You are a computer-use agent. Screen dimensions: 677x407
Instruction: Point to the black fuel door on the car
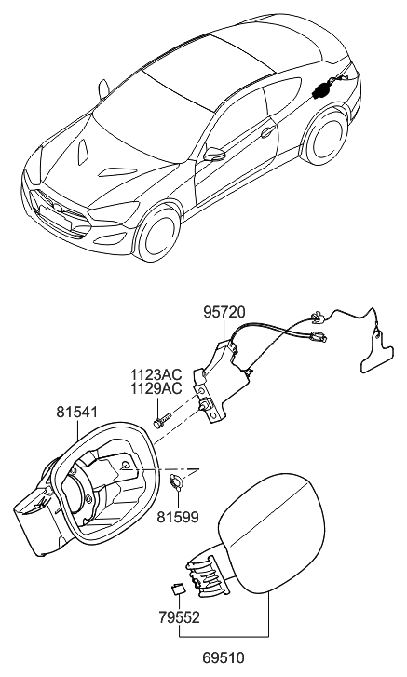tap(321, 90)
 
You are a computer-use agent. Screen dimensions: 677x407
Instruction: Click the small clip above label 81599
tap(176, 482)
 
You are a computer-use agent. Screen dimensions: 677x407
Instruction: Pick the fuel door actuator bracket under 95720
tap(222, 381)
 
